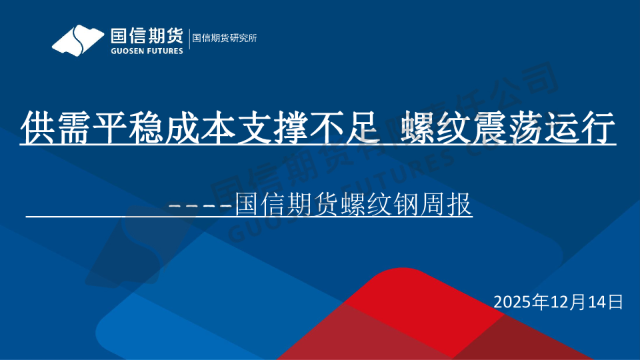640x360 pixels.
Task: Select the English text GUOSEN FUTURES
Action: [146, 51]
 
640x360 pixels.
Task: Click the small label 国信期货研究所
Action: [225, 38]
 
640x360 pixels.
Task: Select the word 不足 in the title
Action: [344, 128]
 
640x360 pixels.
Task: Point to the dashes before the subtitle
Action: [200, 205]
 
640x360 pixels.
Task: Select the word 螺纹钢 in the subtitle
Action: [381, 203]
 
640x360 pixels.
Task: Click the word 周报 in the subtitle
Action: [447, 203]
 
